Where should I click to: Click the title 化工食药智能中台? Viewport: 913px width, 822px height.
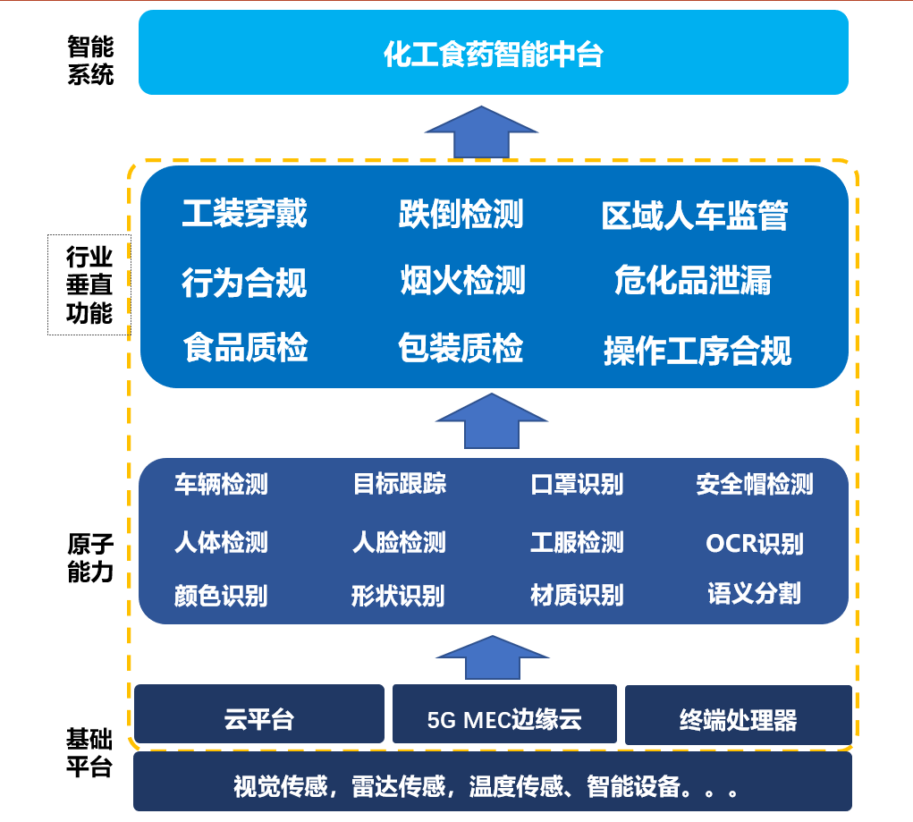tap(493, 55)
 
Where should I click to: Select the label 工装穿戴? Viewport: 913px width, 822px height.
tap(244, 215)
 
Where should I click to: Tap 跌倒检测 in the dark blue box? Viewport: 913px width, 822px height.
tap(461, 215)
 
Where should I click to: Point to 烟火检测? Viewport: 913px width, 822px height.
tap(462, 281)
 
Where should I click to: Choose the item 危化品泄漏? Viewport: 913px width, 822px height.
tap(692, 281)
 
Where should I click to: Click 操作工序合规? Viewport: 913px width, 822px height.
tap(697, 351)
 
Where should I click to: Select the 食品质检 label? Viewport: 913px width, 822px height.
tap(245, 347)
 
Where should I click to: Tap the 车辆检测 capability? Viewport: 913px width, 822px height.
tap(221, 485)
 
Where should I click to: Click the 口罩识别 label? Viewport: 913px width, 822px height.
tap(577, 485)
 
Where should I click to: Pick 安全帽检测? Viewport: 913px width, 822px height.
tap(755, 485)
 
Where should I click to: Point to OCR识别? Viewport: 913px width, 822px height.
tap(754, 543)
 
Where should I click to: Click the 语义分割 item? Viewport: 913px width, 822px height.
tap(754, 593)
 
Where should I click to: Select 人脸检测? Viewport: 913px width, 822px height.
tap(399, 542)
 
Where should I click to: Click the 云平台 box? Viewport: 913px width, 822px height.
tap(259, 718)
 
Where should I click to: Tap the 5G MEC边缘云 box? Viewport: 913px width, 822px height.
tap(504, 718)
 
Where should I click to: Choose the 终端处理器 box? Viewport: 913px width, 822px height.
tap(738, 718)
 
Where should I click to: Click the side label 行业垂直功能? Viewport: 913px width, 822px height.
tap(89, 285)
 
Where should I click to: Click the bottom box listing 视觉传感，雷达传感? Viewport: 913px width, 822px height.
tap(492, 787)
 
